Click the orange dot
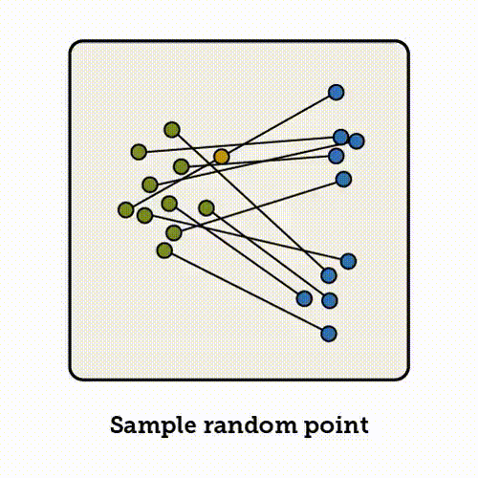click(x=222, y=157)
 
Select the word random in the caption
click(x=250, y=425)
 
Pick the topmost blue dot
click(x=337, y=93)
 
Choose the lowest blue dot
click(x=329, y=334)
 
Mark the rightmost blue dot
click(x=357, y=141)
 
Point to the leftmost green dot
click(x=126, y=210)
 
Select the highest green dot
click(x=172, y=130)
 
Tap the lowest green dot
click(x=164, y=250)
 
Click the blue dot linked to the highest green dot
click(x=329, y=275)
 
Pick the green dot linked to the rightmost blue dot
click(x=150, y=185)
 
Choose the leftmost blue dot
click(x=304, y=299)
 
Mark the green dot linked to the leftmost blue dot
click(x=169, y=204)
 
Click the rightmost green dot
click(x=206, y=208)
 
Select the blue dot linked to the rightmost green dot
click(x=330, y=300)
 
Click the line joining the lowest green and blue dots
click(x=247, y=293)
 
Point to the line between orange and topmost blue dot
click(x=279, y=124)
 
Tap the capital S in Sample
click(x=118, y=425)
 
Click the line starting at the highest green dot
click(x=250, y=203)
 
